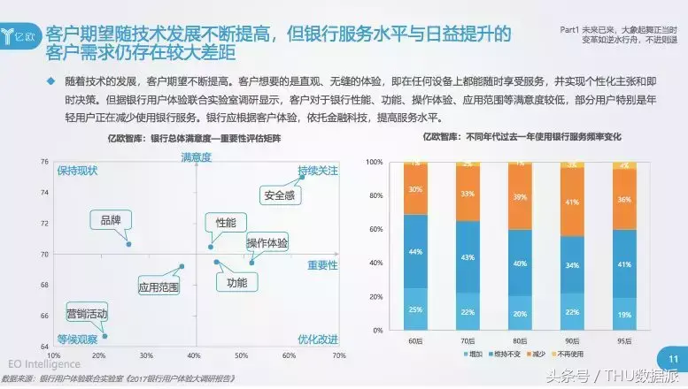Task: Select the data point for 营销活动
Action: click(x=104, y=336)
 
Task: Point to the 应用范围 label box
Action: click(x=158, y=286)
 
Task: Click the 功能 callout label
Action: click(x=236, y=284)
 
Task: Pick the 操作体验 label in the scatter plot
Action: click(x=267, y=243)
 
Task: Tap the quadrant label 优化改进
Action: click(x=317, y=339)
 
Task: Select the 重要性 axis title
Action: click(x=322, y=265)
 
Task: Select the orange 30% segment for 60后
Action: click(x=414, y=189)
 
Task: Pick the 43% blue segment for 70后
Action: click(x=467, y=257)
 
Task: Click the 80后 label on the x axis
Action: click(x=520, y=341)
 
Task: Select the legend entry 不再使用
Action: click(x=568, y=355)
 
